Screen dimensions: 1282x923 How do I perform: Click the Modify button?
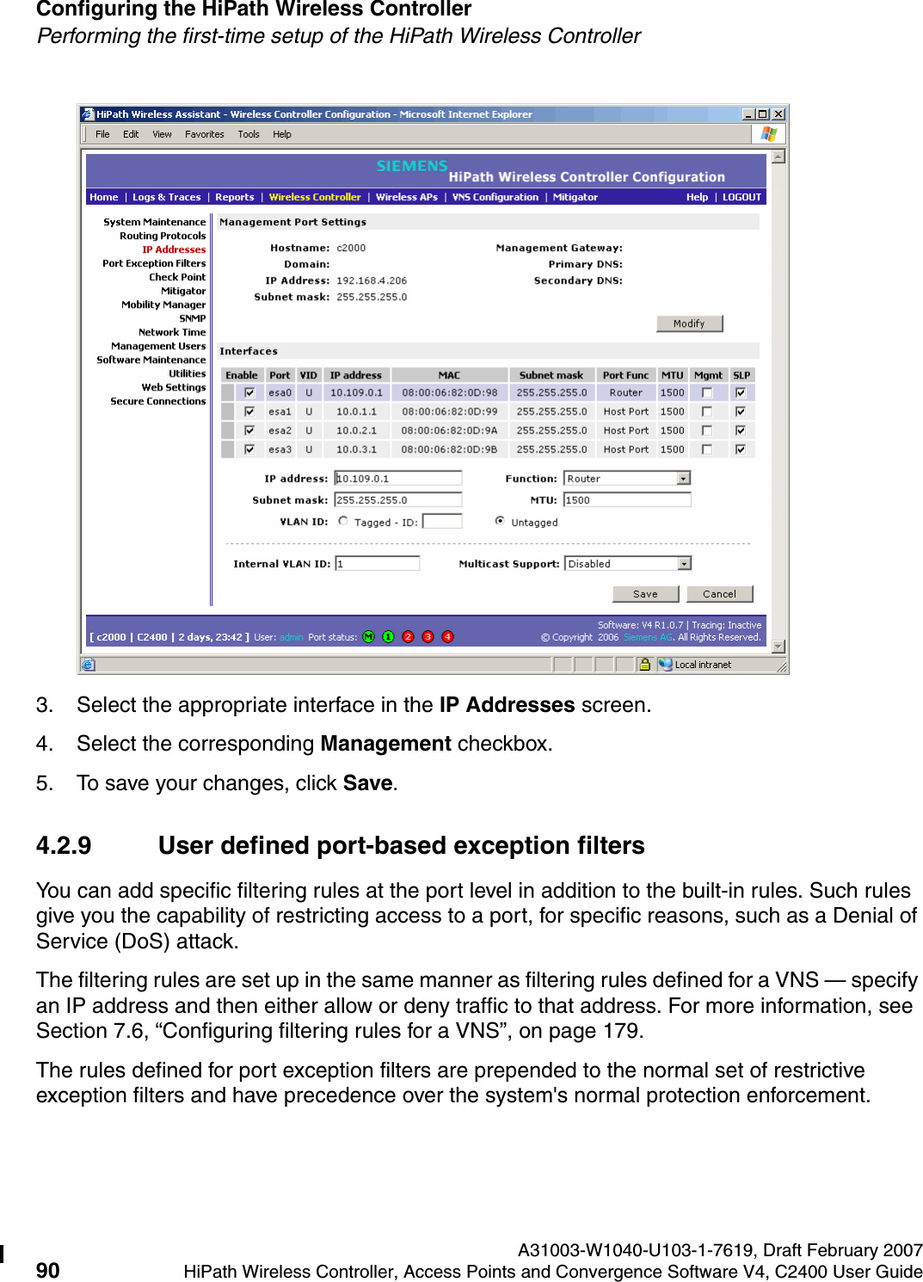coord(689,323)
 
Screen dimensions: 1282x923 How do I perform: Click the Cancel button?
coord(719,594)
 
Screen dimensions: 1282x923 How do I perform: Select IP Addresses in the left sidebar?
coord(174,249)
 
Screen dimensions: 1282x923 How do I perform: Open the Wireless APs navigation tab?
coord(406,197)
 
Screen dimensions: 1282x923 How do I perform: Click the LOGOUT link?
coord(741,197)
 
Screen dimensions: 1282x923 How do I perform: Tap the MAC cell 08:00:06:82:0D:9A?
coord(449,431)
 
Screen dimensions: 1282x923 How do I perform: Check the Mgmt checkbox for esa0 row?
coord(707,393)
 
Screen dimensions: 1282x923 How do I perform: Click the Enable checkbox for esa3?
coord(249,450)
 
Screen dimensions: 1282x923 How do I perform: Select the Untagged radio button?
coord(500,521)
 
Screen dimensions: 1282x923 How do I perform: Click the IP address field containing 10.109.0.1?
coord(397,479)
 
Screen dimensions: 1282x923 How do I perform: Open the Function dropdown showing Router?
coord(683,479)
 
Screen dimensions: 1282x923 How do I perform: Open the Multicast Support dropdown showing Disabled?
coord(684,564)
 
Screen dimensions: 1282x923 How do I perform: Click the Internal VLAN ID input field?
coord(377,564)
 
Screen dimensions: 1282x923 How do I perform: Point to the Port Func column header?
coord(625,375)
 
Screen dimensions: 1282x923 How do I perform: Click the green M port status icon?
coord(369,637)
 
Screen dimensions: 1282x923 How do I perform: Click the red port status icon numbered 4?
coord(447,637)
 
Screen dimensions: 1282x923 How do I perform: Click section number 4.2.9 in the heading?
coord(64,846)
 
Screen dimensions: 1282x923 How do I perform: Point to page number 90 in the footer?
coord(48,1271)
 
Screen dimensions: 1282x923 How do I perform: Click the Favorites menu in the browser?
coord(205,134)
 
